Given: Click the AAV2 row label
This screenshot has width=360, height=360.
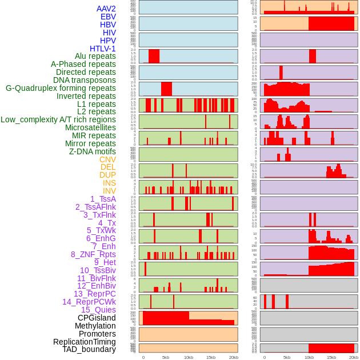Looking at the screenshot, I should point(106,9).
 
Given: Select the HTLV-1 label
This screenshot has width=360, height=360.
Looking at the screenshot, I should point(103,49).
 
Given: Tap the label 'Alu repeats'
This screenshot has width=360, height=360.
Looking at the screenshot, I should point(95,56).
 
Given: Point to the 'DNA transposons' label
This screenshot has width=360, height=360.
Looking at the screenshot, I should point(85,80).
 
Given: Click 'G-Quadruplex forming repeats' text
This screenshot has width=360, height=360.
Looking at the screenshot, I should point(61,88).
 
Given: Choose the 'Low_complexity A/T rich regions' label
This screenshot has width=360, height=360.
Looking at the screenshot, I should point(58,119).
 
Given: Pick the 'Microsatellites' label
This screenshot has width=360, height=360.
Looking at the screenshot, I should point(90,127).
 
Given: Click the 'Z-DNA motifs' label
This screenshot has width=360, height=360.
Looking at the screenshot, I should point(93,151).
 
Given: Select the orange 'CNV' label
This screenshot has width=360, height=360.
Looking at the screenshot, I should point(107,159).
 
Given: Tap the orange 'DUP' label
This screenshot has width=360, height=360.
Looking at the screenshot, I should point(107,175).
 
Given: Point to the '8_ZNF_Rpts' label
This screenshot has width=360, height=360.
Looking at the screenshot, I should point(93,254).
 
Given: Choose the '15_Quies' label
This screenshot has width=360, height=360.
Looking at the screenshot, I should point(98,310).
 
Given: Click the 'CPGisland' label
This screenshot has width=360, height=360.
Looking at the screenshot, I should point(97,318).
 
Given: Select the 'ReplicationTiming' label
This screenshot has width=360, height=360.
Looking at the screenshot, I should point(85,342).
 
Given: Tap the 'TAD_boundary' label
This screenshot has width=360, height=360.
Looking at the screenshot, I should point(89,349).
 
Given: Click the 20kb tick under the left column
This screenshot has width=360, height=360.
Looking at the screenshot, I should point(234,357).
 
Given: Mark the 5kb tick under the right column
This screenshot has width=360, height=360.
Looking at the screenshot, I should point(287,357).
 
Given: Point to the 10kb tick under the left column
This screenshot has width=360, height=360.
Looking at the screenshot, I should point(188,357).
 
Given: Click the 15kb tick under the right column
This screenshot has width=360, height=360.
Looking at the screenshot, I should point(331,357).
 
